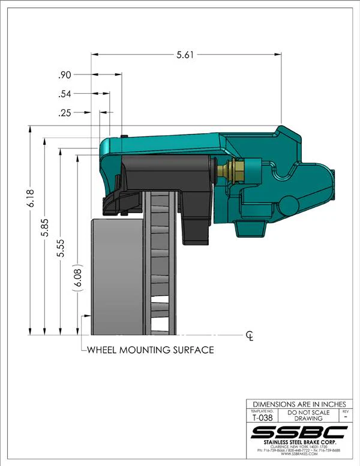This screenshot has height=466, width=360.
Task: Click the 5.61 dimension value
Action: coord(185,55)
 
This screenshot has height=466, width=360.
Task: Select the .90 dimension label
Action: coord(65,75)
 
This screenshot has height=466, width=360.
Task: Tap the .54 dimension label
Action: coord(65,94)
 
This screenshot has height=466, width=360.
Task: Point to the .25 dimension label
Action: coord(65,113)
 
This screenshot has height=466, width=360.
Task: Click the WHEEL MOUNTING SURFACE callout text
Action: coord(151,349)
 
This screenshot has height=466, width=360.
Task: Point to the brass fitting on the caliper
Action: coord(232,171)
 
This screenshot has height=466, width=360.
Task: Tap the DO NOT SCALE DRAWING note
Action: coord(308,416)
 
